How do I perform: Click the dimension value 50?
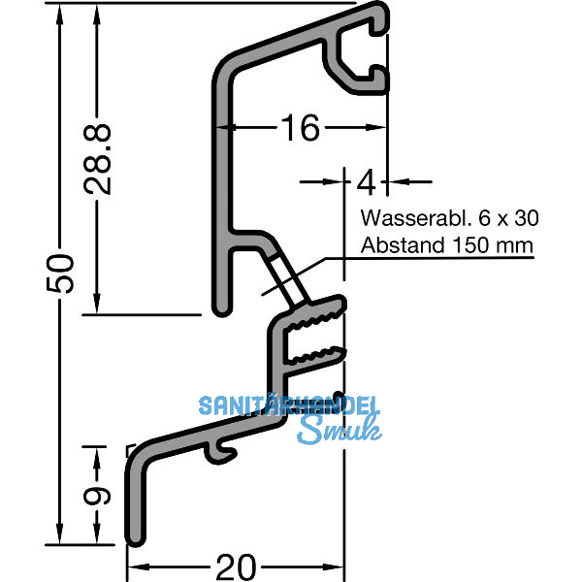(x=59, y=274)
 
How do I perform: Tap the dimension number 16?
(x=301, y=127)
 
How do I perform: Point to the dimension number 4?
(x=368, y=180)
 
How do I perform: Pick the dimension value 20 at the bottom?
(x=236, y=566)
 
